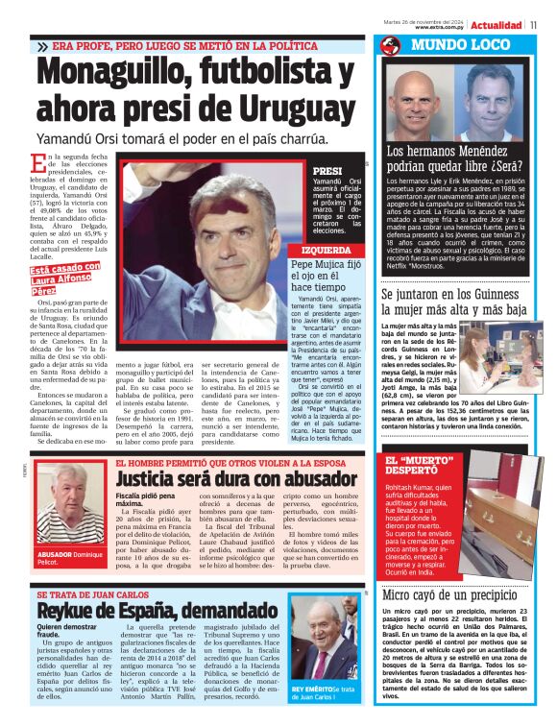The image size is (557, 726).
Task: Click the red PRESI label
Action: tap(302, 169)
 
